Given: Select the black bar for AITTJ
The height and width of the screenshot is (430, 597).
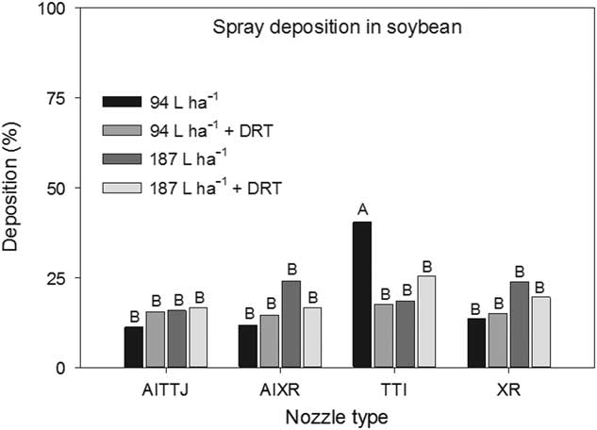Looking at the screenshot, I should [133, 347].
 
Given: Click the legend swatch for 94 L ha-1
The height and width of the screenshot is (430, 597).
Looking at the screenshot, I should [122, 102].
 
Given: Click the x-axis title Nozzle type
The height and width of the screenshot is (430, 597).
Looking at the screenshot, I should [335, 414].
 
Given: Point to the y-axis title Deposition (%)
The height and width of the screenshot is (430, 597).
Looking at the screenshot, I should [12, 189].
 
